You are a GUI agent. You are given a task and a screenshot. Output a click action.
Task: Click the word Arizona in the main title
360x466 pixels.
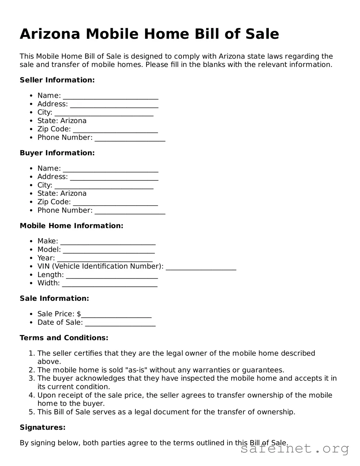coord(50,34)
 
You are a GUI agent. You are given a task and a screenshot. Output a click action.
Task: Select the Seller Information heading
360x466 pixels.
coord(57,80)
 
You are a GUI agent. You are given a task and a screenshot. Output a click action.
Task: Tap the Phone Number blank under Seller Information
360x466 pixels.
coord(130,139)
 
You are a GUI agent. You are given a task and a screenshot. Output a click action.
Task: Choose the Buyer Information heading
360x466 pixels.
coord(57,153)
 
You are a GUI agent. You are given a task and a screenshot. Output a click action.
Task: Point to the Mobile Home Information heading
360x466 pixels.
coord(71,226)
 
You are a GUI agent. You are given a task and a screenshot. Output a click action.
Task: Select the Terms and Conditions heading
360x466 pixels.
coord(64,338)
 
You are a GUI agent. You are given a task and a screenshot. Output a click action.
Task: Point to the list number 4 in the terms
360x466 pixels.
coord(31,395)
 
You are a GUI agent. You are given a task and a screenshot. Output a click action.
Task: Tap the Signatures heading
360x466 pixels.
coord(43,427)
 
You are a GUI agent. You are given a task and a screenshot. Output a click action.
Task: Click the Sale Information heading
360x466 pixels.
coord(54,298)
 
